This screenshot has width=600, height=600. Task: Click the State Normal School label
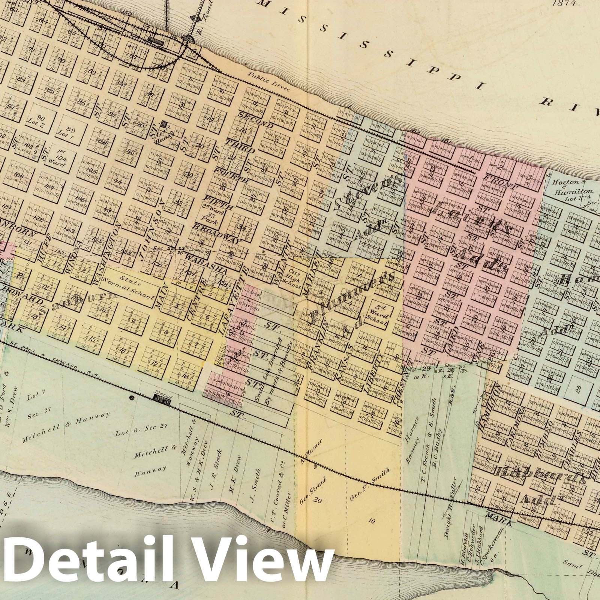point(131,285)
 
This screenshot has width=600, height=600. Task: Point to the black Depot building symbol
point(162,402)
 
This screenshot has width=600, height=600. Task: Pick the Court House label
point(164,131)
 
